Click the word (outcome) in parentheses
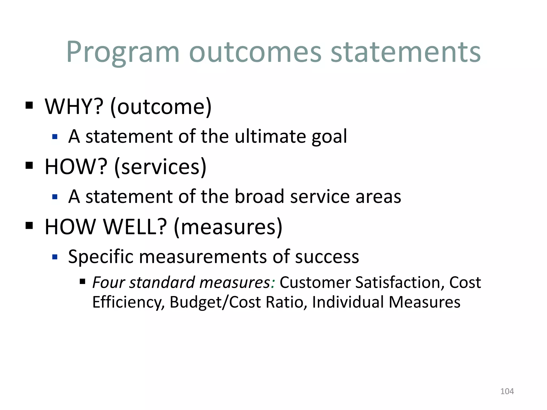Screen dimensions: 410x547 pyautogui.click(x=161, y=107)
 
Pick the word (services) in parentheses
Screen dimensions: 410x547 pyautogui.click(x=160, y=167)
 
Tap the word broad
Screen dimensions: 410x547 pyautogui.click(x=259, y=196)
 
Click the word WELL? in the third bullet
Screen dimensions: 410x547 pyautogui.click(x=135, y=227)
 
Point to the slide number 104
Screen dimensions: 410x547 pyautogui.click(x=507, y=391)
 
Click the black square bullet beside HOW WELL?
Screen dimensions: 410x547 pyautogui.click(x=29, y=226)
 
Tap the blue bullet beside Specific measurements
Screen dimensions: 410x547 pyautogui.click(x=55, y=257)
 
